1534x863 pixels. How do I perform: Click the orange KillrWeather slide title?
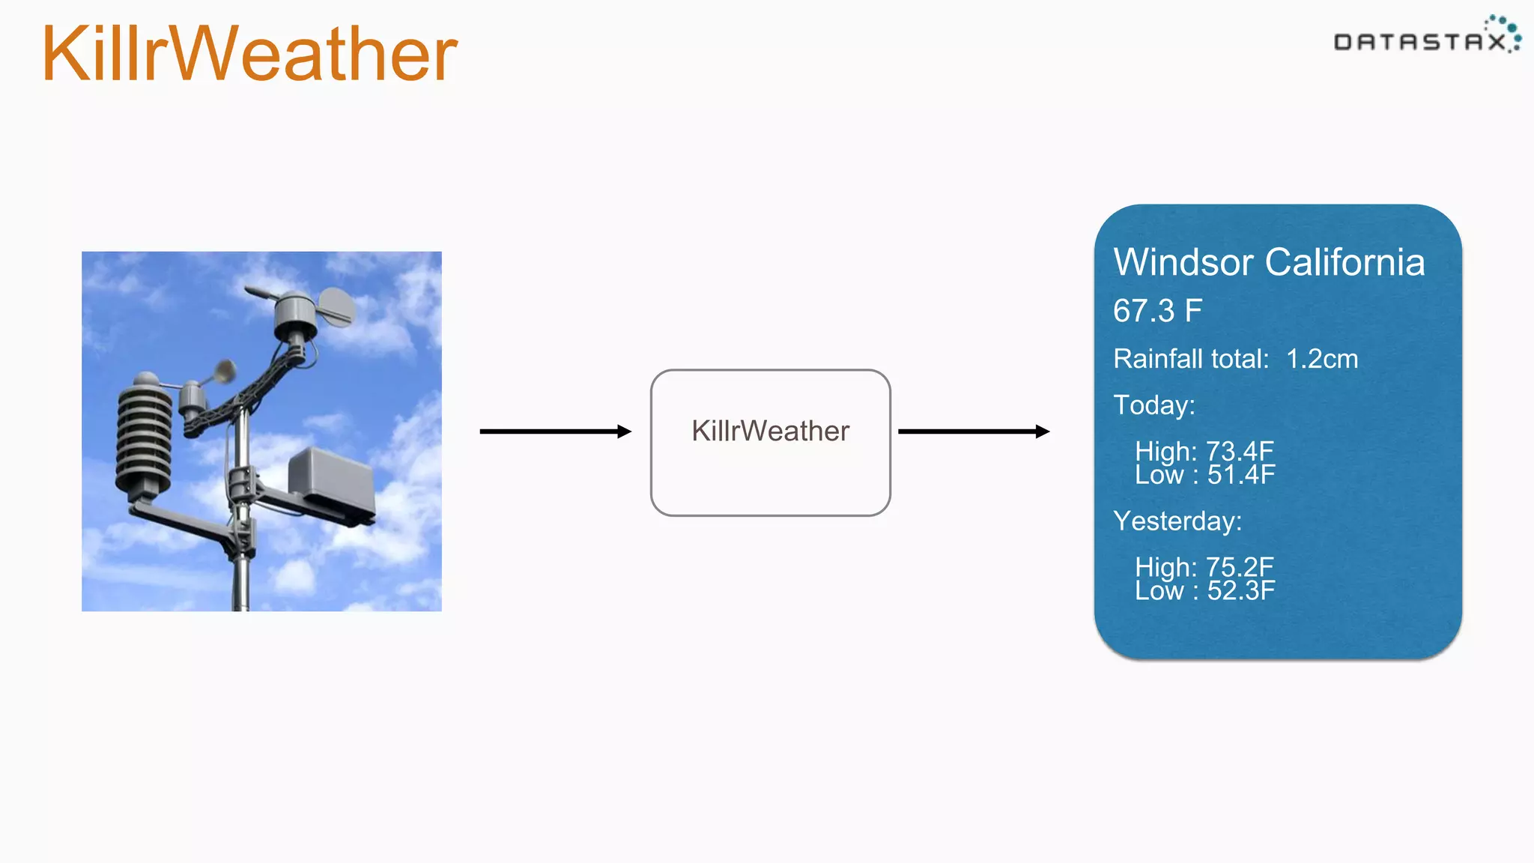(249, 54)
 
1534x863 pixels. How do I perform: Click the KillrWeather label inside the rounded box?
(770, 431)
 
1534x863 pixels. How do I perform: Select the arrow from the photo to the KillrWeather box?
(555, 431)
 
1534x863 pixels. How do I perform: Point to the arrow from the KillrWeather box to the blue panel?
(973, 431)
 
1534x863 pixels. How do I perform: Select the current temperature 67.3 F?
(1157, 311)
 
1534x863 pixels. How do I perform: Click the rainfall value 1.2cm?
(1321, 359)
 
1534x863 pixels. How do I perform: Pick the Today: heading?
(1153, 405)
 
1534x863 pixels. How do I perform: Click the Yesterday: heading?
(1177, 521)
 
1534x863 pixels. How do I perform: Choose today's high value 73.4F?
(1240, 451)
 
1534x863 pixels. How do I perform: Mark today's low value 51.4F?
(1240, 475)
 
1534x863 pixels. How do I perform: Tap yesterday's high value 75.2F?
(1240, 567)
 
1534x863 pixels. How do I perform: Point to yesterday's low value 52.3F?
(1240, 591)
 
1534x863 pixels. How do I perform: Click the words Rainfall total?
(1191, 359)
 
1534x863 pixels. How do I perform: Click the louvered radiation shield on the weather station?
(144, 434)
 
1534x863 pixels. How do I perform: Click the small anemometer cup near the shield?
(223, 371)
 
